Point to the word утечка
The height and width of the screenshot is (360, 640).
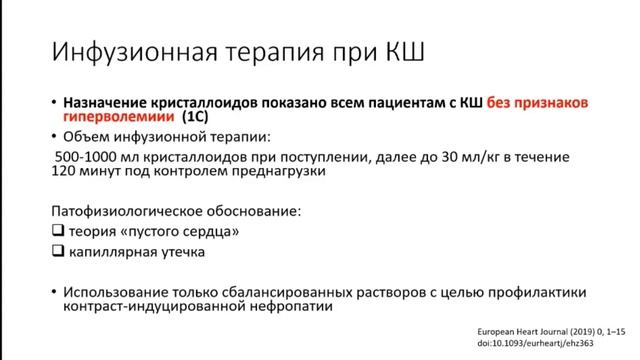[x=181, y=252]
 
